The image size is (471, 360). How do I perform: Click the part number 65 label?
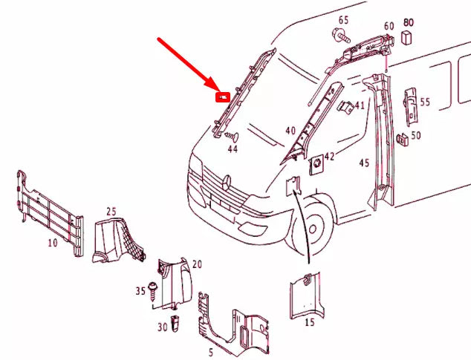[x=344, y=19]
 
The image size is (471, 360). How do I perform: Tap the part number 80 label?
[x=408, y=23]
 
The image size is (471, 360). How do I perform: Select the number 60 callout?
[x=389, y=27]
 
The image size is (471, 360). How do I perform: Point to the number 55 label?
[x=425, y=102]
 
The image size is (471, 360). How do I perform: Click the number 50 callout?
[x=415, y=136]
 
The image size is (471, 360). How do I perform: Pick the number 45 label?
[x=364, y=163]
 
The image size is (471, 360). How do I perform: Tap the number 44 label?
[x=233, y=149]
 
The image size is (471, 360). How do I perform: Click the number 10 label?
[x=52, y=243]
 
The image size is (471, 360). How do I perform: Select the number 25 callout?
[x=111, y=212]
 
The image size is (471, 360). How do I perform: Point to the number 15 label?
[x=310, y=323]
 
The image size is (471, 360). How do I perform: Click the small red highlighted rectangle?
[x=222, y=96]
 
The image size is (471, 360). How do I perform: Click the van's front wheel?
[x=318, y=226]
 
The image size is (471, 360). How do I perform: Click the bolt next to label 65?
[x=341, y=34]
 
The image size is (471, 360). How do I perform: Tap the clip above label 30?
[x=176, y=322]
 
